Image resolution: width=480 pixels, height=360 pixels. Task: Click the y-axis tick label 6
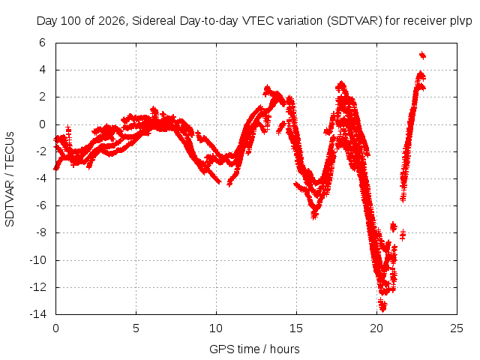coord(42,43)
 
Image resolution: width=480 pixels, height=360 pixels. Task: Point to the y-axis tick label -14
coord(38,314)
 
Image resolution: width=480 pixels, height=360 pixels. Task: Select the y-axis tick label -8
coord(41,232)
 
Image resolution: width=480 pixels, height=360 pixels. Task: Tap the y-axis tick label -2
coord(41,151)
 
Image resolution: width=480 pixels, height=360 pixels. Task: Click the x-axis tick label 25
coord(457,328)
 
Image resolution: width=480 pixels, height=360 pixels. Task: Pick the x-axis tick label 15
coord(296,328)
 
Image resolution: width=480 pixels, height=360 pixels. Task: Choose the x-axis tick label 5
coord(136,328)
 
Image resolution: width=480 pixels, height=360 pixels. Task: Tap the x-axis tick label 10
coord(216,328)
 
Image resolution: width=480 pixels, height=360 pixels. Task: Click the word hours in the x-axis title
coord(285,349)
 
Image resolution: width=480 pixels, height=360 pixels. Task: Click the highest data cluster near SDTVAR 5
coord(422,55)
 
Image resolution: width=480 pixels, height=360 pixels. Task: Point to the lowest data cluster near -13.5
coord(382,305)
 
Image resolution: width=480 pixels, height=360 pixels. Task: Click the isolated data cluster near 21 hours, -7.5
coord(393,226)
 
